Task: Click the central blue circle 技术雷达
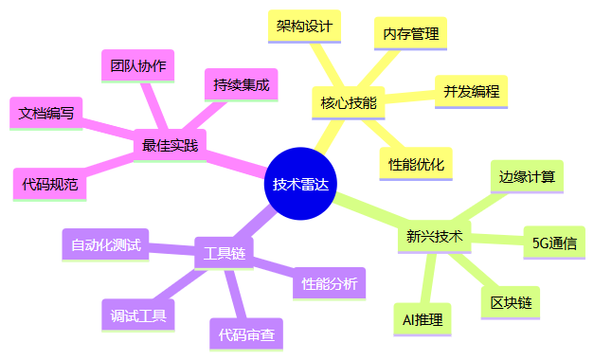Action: (301, 185)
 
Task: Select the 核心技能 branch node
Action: (348, 102)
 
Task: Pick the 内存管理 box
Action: (410, 34)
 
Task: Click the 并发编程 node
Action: (471, 91)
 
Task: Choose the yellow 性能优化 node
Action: (417, 163)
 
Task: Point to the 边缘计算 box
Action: (528, 176)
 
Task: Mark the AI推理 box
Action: (423, 318)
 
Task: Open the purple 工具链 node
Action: (225, 253)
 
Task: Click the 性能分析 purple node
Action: (329, 282)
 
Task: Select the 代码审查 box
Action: (246, 333)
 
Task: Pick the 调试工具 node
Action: (138, 315)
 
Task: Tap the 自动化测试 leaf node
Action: (105, 244)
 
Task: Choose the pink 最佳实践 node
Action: (170, 145)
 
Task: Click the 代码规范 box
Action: (50, 184)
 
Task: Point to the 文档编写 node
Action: (47, 113)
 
